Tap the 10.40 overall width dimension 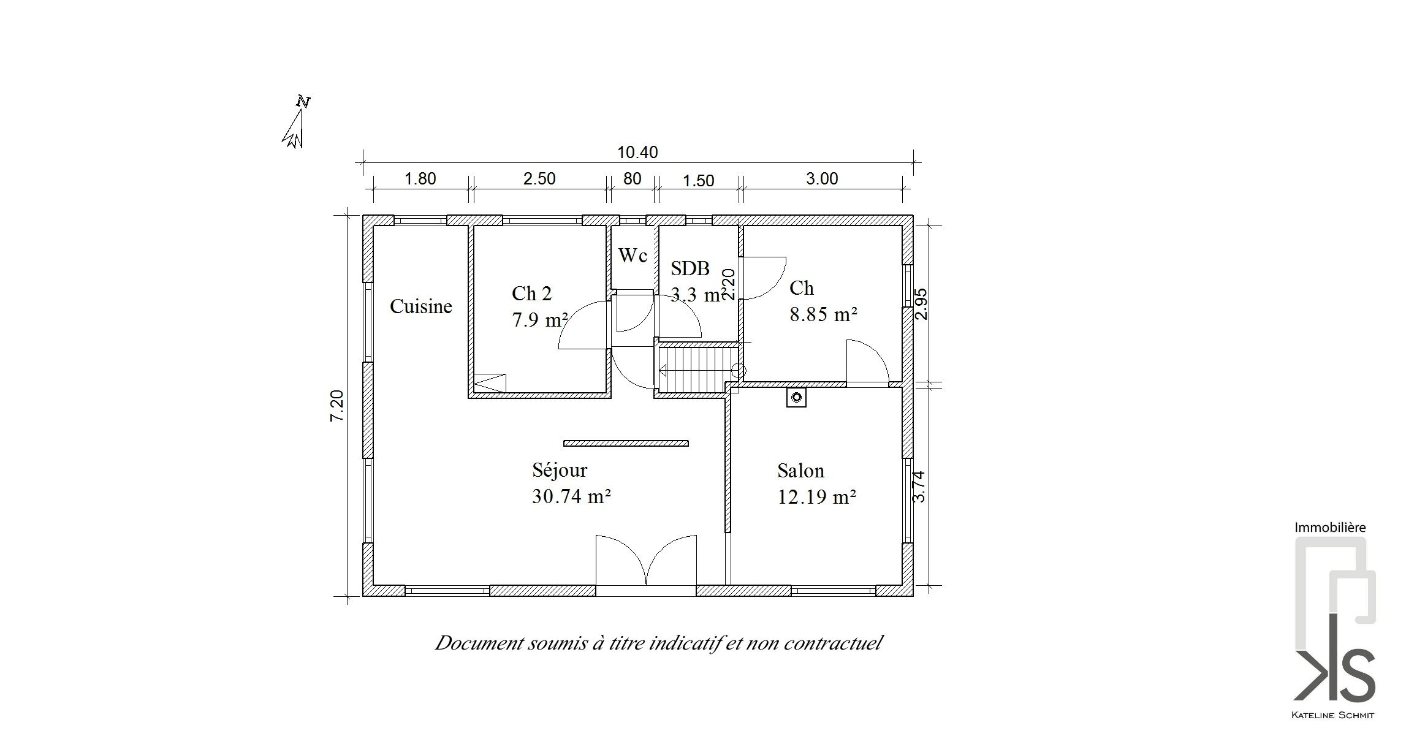click(x=637, y=152)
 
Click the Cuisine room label click(x=421, y=306)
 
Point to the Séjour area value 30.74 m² click(x=571, y=496)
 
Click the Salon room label click(x=800, y=471)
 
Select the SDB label click(x=690, y=268)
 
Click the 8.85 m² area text click(x=823, y=314)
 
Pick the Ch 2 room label click(x=531, y=294)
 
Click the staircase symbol click(x=699, y=370)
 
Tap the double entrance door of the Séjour click(x=646, y=561)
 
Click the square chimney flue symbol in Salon click(x=796, y=398)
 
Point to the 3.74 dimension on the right click(x=919, y=487)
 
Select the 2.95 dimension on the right click(x=921, y=304)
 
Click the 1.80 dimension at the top click(x=420, y=179)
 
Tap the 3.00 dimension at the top click(x=821, y=179)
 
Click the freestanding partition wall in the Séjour click(x=626, y=443)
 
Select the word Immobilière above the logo click(x=1330, y=527)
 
